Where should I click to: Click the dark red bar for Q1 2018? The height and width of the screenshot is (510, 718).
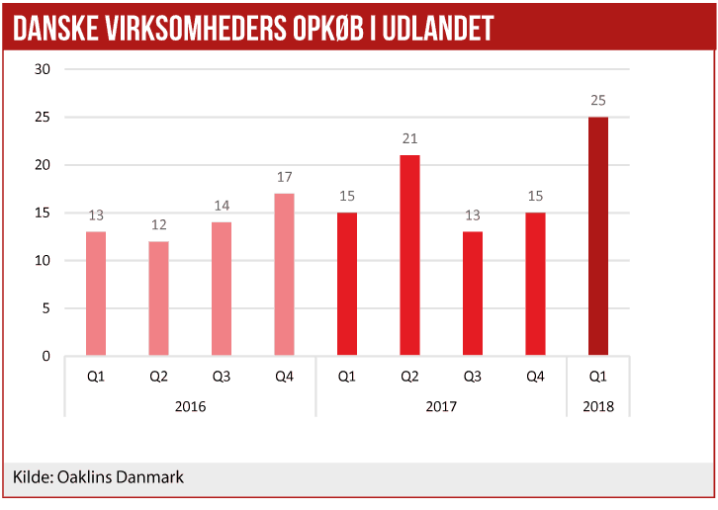tap(598, 236)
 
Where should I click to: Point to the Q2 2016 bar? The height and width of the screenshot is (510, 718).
tap(158, 297)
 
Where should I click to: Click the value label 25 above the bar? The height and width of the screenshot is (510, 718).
tap(598, 100)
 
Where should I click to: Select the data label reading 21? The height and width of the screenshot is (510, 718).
tap(409, 138)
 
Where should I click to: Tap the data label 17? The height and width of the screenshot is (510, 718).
tap(284, 177)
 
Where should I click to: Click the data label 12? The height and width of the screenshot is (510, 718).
tap(158, 224)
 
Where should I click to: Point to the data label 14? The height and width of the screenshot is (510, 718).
tap(222, 206)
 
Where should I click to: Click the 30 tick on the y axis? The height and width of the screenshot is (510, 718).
tap(43, 69)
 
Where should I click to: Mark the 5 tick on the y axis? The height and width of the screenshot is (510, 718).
tap(46, 308)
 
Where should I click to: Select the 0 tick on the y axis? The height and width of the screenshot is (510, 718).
tap(46, 356)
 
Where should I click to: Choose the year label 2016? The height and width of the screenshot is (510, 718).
tap(190, 405)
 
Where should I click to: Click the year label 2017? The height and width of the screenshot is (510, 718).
tap(441, 405)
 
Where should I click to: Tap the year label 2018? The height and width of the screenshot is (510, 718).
tap(598, 405)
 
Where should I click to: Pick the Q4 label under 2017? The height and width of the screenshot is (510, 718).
tap(535, 376)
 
